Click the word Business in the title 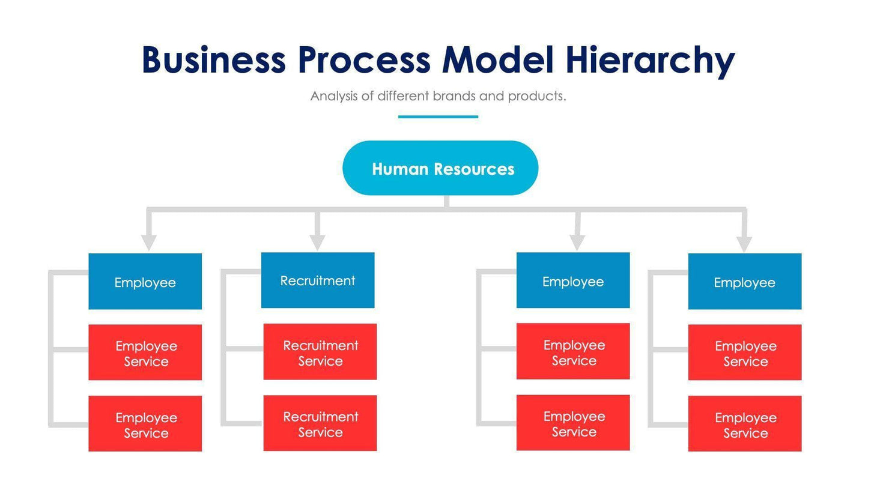(x=213, y=60)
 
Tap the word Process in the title (x=364, y=60)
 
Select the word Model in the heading (x=497, y=60)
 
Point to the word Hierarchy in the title (x=650, y=61)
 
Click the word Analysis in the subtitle (x=334, y=96)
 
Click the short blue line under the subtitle (x=438, y=116)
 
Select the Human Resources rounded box (x=440, y=168)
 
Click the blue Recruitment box (x=318, y=280)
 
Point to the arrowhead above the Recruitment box (x=317, y=242)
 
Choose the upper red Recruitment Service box (x=320, y=352)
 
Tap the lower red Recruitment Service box (x=320, y=423)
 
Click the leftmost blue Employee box (x=145, y=282)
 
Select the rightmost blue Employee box (x=744, y=282)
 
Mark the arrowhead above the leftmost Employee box (x=149, y=242)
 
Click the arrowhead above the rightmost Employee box (x=744, y=243)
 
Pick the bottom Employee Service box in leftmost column (x=145, y=424)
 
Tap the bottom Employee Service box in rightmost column (x=744, y=424)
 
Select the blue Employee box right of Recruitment (x=573, y=280)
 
